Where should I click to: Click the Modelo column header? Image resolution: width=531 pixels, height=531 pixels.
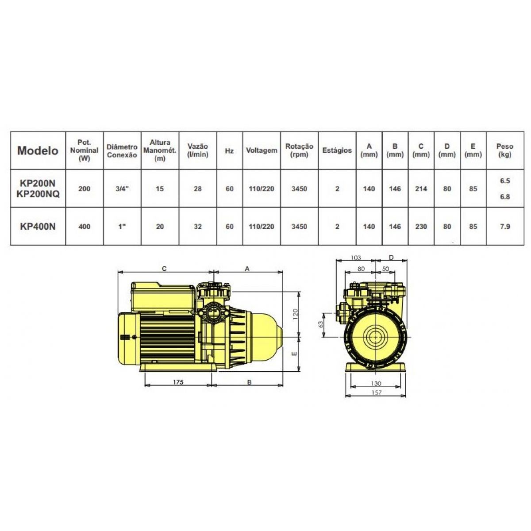[x=38, y=150]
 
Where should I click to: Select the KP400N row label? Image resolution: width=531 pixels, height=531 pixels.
[x=38, y=227]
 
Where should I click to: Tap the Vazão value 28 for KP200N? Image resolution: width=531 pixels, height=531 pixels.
[x=197, y=189]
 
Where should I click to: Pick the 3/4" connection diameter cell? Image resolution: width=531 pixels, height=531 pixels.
[x=122, y=189]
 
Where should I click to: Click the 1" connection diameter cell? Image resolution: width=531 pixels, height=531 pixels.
[x=122, y=227]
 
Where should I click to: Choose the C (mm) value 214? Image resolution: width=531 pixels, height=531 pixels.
[x=421, y=189]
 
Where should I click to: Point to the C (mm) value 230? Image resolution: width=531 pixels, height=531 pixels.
[x=421, y=227]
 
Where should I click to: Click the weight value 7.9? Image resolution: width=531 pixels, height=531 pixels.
[x=505, y=227]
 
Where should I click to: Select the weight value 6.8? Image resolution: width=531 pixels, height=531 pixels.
[x=505, y=197]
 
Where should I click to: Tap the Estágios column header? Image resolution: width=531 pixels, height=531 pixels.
[x=337, y=150]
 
